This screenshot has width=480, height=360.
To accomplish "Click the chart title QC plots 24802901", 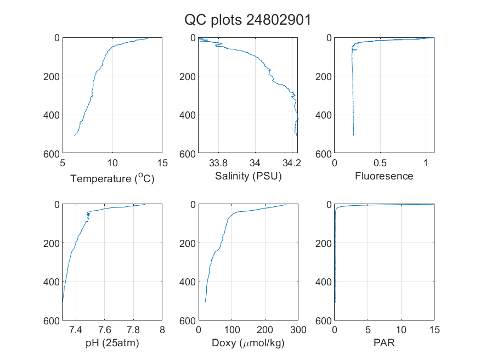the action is point(247,20).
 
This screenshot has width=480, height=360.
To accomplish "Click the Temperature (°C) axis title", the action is point(112,178).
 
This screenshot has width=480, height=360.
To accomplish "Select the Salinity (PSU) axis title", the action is point(249,176).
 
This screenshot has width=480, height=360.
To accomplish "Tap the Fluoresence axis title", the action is point(384,176).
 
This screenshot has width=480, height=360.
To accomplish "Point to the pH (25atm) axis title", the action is point(112,343).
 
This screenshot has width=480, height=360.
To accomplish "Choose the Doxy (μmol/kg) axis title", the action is point(249,343).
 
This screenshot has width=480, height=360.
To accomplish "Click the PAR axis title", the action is point(384,342).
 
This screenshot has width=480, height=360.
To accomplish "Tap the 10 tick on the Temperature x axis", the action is point(112,163).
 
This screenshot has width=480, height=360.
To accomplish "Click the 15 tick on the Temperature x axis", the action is point(162,163).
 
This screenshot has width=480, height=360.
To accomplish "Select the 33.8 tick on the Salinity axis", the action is point(218,163).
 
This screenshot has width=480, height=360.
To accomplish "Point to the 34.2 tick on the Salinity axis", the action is point(292,163).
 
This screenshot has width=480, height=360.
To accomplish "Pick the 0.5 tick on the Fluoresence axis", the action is point(380,163).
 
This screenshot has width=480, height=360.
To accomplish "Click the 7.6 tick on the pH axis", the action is point(104,330).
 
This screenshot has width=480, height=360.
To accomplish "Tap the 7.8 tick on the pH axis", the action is point(133,330).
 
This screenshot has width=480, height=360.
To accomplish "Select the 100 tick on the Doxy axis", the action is point(231,330).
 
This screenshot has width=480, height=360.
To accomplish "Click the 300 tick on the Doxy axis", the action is point(298,330).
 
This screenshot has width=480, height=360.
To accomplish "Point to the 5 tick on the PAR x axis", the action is point(368,330).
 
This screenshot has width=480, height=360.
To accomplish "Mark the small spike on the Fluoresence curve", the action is point(354,49).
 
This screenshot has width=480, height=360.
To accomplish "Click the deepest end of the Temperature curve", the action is point(75,136).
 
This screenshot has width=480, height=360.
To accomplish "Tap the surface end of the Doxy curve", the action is point(285,205).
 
